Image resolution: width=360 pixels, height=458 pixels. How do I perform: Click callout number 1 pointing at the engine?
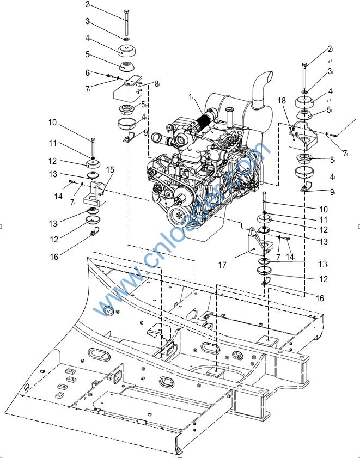(x=190, y=97)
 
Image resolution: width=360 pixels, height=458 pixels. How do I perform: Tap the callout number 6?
(x=87, y=72)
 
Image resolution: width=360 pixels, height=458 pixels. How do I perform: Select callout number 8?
(x=156, y=83)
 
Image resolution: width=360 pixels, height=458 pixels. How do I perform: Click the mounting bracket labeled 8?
(x=129, y=87)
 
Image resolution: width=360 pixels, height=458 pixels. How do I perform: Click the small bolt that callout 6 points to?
(x=109, y=76)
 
